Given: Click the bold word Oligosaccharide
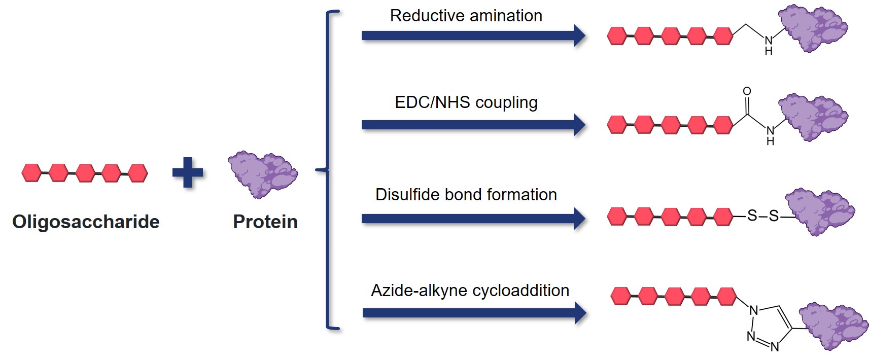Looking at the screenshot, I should [86, 222].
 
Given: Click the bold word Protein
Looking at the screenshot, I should [265, 222].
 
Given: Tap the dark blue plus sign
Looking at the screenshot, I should [188, 172].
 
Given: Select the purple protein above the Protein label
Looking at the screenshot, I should [262, 174].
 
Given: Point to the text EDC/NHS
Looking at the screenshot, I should [432, 102].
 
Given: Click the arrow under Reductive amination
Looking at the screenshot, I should [472, 35].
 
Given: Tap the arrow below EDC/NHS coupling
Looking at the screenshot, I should [472, 125].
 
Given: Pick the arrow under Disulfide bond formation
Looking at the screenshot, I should [472, 219].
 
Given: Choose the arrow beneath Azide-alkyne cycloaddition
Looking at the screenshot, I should [472, 313].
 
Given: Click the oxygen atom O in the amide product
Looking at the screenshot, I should [747, 91].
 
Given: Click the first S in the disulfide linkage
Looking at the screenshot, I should [752, 216].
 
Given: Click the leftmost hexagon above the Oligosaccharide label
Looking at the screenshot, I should [31, 173].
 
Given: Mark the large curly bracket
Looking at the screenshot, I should [329, 170].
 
